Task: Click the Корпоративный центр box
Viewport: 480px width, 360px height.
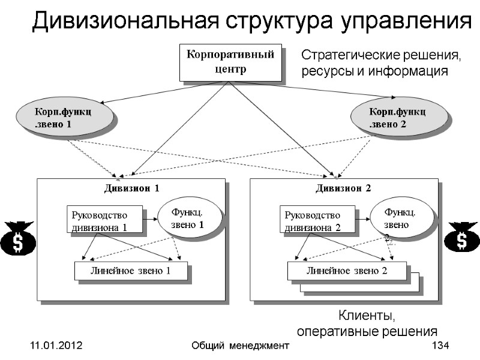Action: [x=230, y=62]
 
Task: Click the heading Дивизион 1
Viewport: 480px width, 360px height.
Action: [x=132, y=188]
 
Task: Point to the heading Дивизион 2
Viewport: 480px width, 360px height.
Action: [x=344, y=188]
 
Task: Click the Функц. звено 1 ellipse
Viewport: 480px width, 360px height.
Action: [x=188, y=218]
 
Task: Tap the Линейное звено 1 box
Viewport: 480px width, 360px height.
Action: [x=131, y=271]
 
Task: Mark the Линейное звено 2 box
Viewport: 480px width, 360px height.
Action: [x=347, y=271]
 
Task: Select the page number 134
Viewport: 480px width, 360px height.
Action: [x=441, y=346]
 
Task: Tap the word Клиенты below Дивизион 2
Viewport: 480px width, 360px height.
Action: [x=368, y=316]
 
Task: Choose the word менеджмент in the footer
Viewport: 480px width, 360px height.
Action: [x=256, y=346]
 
